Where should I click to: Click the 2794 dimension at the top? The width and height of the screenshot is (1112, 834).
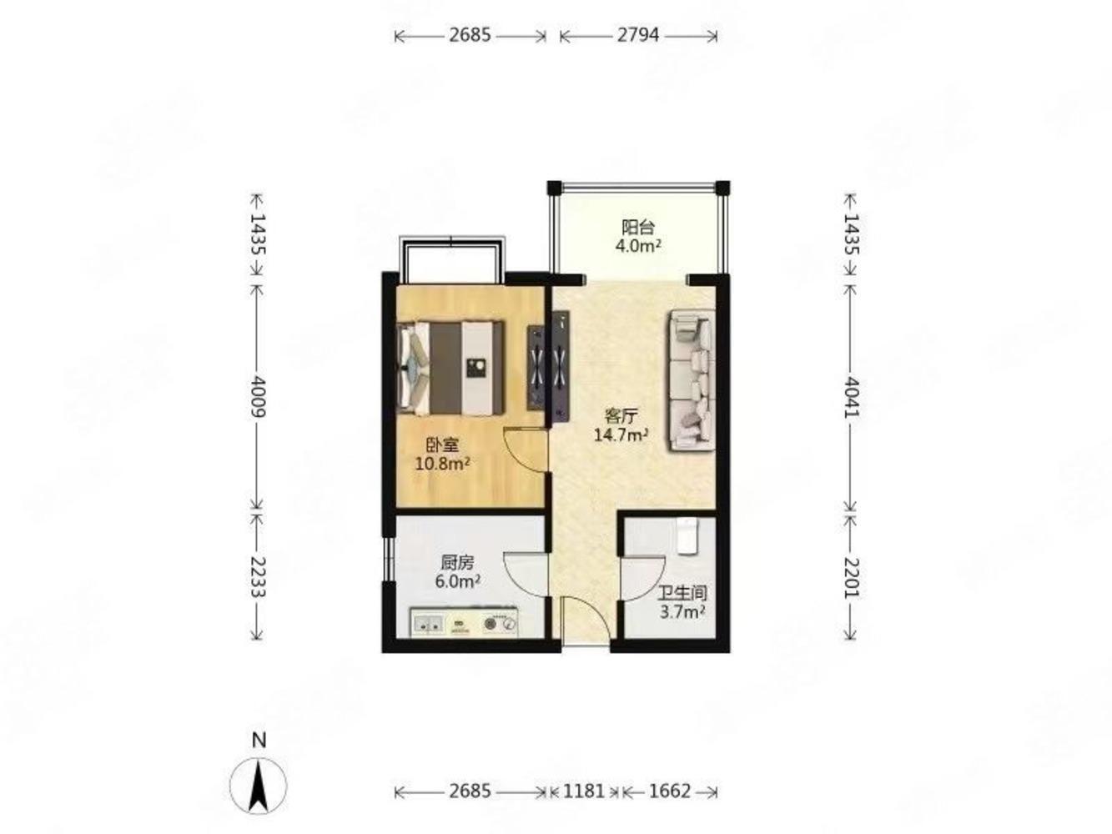pyautogui.click(x=637, y=35)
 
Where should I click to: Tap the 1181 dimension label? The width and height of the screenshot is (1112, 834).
pyautogui.click(x=584, y=791)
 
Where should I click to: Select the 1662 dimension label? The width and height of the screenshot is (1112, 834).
pyautogui.click(x=670, y=791)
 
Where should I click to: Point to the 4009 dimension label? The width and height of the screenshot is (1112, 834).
pyautogui.click(x=258, y=396)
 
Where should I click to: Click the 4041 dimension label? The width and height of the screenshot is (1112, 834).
pyautogui.click(x=851, y=396)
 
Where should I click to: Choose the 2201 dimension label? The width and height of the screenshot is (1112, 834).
pyautogui.click(x=851, y=578)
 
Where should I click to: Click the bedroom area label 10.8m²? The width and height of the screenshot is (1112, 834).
pyautogui.click(x=442, y=464)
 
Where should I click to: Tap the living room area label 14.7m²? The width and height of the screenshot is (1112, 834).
pyautogui.click(x=621, y=435)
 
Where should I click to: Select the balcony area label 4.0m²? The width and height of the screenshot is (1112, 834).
pyautogui.click(x=638, y=245)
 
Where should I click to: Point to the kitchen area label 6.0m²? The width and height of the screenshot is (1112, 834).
pyautogui.click(x=458, y=580)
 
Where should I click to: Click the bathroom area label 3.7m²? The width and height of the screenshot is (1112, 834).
pyautogui.click(x=682, y=611)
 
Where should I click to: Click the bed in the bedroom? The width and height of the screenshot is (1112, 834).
pyautogui.click(x=450, y=368)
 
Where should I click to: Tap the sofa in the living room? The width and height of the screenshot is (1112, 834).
pyautogui.click(x=692, y=380)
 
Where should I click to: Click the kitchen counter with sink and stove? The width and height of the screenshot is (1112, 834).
pyautogui.click(x=464, y=622)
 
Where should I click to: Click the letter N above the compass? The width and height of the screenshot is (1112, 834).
pyautogui.click(x=259, y=741)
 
